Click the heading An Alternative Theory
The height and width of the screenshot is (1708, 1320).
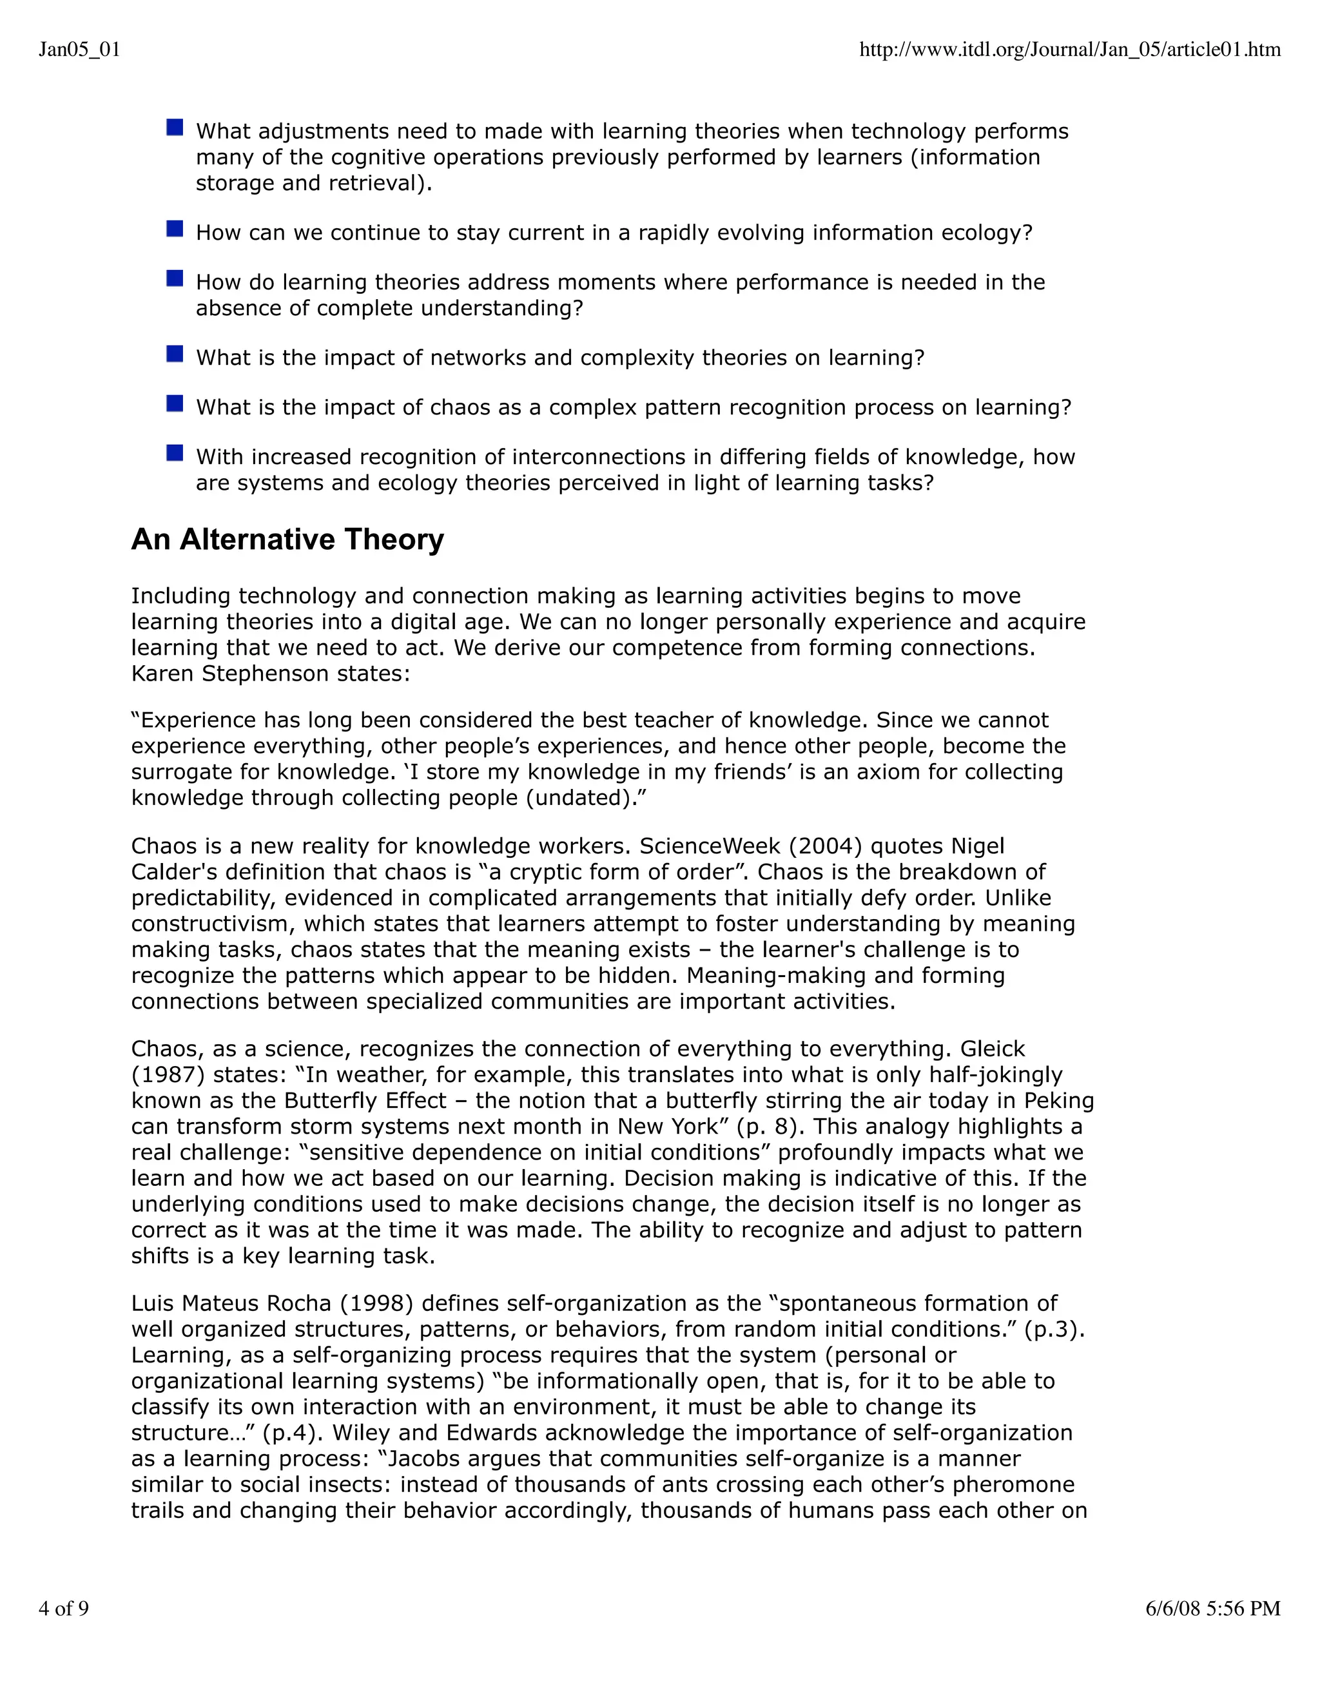point(287,539)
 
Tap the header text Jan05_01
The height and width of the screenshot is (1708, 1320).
point(79,50)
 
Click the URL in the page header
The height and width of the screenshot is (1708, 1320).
point(1069,50)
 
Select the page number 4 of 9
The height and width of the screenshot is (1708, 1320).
point(63,1608)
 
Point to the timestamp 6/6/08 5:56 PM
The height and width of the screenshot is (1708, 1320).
point(1212,1608)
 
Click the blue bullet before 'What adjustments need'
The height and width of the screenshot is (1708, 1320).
point(175,128)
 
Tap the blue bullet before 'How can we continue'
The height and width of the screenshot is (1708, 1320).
point(175,229)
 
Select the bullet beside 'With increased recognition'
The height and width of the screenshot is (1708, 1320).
point(175,454)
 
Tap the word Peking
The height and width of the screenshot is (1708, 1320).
point(1058,1100)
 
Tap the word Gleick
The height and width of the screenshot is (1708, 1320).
point(993,1049)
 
